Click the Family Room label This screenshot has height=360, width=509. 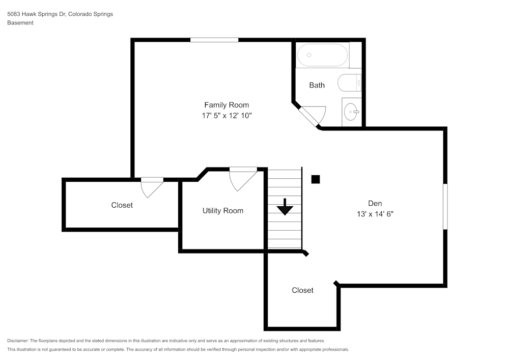pyautogui.click(x=227, y=105)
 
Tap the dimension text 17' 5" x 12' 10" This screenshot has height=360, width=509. pyautogui.click(x=227, y=116)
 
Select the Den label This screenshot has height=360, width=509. pyautogui.click(x=375, y=203)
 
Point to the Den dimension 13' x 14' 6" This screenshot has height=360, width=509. pyautogui.click(x=375, y=214)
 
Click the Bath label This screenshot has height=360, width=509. pyautogui.click(x=317, y=85)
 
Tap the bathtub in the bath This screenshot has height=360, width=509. pyautogui.click(x=322, y=55)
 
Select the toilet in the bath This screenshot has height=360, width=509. pyautogui.click(x=350, y=82)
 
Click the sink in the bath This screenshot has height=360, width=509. pyautogui.click(x=351, y=110)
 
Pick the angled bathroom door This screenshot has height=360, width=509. pyautogui.click(x=312, y=115)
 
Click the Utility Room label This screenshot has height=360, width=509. pyautogui.click(x=222, y=210)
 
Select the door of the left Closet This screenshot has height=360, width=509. pyautogui.click(x=151, y=186)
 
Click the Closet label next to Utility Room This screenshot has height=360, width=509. pyautogui.click(x=122, y=205)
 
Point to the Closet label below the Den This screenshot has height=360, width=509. pyautogui.click(x=302, y=290)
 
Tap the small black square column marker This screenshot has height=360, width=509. pyautogui.click(x=316, y=179)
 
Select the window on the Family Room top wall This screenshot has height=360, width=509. pyautogui.click(x=214, y=40)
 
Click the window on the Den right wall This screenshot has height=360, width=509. pyautogui.click(x=445, y=206)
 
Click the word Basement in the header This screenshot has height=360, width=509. pyautogui.click(x=20, y=23)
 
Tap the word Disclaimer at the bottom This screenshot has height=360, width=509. pyautogui.click(x=18, y=341)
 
